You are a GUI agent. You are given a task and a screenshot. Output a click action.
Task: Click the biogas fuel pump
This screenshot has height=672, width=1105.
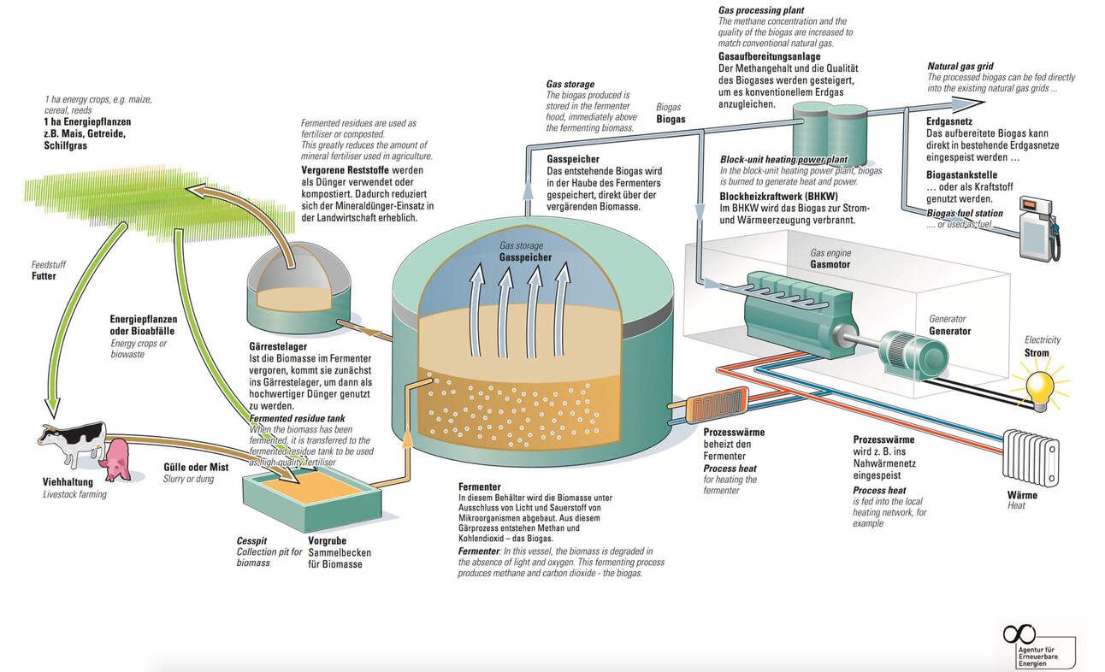point(1037,227)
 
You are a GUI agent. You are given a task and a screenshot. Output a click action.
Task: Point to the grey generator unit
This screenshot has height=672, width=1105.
point(913,352)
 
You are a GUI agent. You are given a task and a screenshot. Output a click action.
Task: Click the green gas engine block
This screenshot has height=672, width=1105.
point(791,309)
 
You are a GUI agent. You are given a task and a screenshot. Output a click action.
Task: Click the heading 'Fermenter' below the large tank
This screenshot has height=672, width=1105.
point(478,486)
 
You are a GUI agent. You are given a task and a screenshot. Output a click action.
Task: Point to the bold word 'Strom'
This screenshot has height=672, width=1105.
point(1036,352)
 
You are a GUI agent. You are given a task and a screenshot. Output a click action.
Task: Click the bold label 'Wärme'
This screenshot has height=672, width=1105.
point(1022,495)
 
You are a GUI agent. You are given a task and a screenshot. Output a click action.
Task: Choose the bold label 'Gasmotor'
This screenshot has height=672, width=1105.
point(829,265)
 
